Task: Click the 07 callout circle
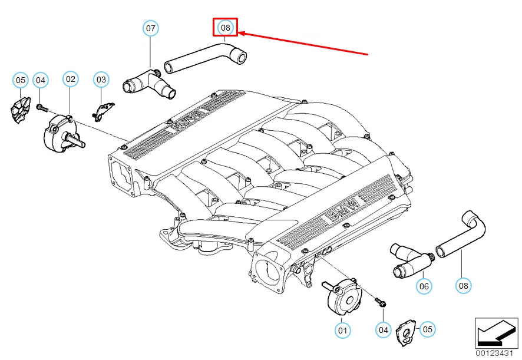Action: [x=150, y=28]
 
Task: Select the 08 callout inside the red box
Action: [x=226, y=27]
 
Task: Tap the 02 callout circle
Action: [x=70, y=79]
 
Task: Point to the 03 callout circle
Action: [x=101, y=80]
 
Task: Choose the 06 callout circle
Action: [x=424, y=286]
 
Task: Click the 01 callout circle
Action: [x=342, y=331]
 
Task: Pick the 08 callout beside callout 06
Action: [x=464, y=285]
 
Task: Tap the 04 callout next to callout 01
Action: [x=383, y=330]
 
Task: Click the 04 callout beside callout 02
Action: [x=40, y=80]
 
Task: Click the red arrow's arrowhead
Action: [x=241, y=34]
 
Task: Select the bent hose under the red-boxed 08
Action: [x=206, y=58]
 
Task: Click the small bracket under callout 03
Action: [x=103, y=111]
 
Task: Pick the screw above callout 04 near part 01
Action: [x=381, y=302]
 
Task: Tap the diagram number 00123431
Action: [x=494, y=354]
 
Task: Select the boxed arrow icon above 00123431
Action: [x=496, y=333]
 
